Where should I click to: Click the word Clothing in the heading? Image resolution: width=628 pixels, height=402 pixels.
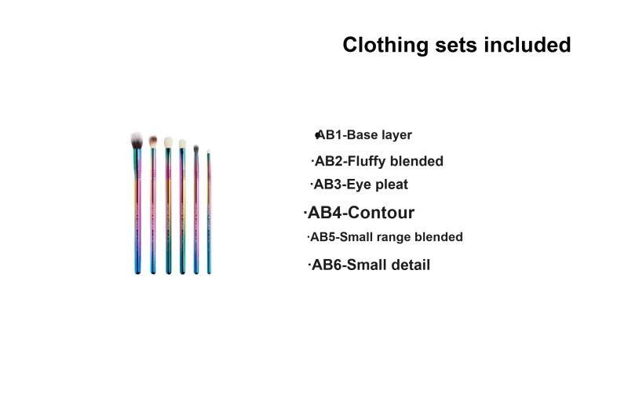coord(385,46)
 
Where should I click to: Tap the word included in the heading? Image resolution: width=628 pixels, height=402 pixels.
coord(528,45)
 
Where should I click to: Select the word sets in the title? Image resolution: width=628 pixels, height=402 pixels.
coord(456,46)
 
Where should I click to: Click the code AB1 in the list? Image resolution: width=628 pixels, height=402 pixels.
coord(330,135)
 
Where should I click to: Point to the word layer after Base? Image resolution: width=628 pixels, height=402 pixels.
coord(396,136)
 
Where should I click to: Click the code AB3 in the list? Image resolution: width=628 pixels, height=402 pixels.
coord(327,185)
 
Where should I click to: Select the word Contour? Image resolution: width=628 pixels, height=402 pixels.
coord(381,213)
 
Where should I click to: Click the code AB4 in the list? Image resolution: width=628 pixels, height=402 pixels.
coord(324,213)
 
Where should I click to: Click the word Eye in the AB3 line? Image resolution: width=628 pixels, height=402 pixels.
coord(358,185)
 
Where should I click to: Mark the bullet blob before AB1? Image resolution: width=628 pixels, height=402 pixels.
coord(317,135)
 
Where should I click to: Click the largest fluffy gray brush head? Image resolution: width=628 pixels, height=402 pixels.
coord(137,141)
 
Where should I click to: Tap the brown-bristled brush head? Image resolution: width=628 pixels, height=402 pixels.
coord(153,141)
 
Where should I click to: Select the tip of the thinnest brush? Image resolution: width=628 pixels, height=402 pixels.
coord(208,151)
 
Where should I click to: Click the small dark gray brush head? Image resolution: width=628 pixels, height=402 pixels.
coord(195,148)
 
